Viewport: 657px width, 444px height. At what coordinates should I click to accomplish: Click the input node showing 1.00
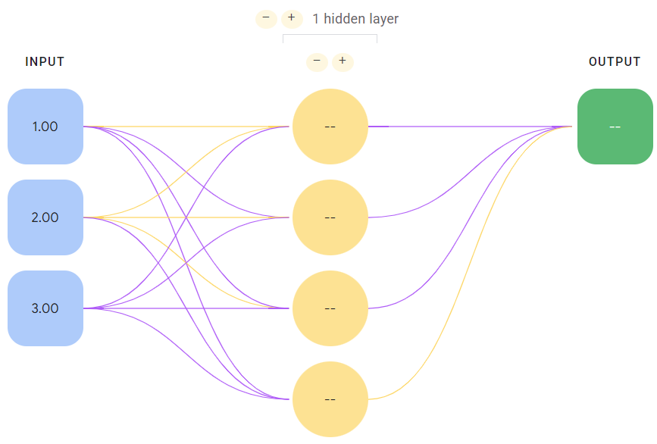(45, 127)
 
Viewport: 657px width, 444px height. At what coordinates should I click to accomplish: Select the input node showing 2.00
(45, 217)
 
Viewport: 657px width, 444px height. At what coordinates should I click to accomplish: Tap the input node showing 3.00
(45, 308)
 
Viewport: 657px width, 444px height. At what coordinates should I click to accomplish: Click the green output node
(615, 127)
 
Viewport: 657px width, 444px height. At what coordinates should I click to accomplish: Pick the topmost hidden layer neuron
(330, 127)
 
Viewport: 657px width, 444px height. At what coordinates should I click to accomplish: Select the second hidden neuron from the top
(330, 217)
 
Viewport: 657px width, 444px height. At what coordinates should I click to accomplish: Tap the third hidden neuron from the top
(330, 308)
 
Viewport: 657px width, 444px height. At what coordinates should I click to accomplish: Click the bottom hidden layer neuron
(330, 399)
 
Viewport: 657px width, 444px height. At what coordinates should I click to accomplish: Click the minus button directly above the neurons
(318, 61)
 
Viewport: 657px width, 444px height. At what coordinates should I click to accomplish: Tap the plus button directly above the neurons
(343, 61)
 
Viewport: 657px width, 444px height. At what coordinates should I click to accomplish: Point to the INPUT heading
(45, 62)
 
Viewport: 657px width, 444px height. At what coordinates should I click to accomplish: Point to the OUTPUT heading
(615, 62)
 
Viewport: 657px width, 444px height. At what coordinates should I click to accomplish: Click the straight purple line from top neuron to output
(470, 127)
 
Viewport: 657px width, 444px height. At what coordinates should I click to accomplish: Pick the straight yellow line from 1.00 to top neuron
(186, 127)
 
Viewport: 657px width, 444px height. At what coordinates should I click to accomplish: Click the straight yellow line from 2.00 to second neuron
(186, 217)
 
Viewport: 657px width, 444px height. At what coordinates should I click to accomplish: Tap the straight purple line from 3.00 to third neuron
(186, 308)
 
